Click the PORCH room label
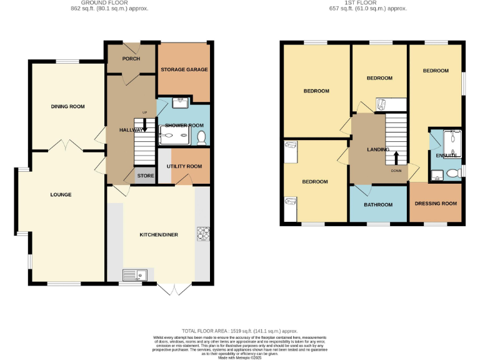click(x=131, y=59)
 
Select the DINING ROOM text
click(x=67, y=106)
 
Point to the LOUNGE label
click(x=61, y=194)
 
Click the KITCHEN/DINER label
click(x=158, y=234)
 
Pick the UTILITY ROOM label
click(x=184, y=166)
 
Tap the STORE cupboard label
click(x=146, y=176)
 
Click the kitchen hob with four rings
click(x=203, y=233)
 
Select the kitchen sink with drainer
click(x=134, y=273)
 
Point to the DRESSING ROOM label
click(x=436, y=204)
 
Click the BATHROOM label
click(x=378, y=205)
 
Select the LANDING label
click(x=378, y=150)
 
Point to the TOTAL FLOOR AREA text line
click(x=239, y=331)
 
